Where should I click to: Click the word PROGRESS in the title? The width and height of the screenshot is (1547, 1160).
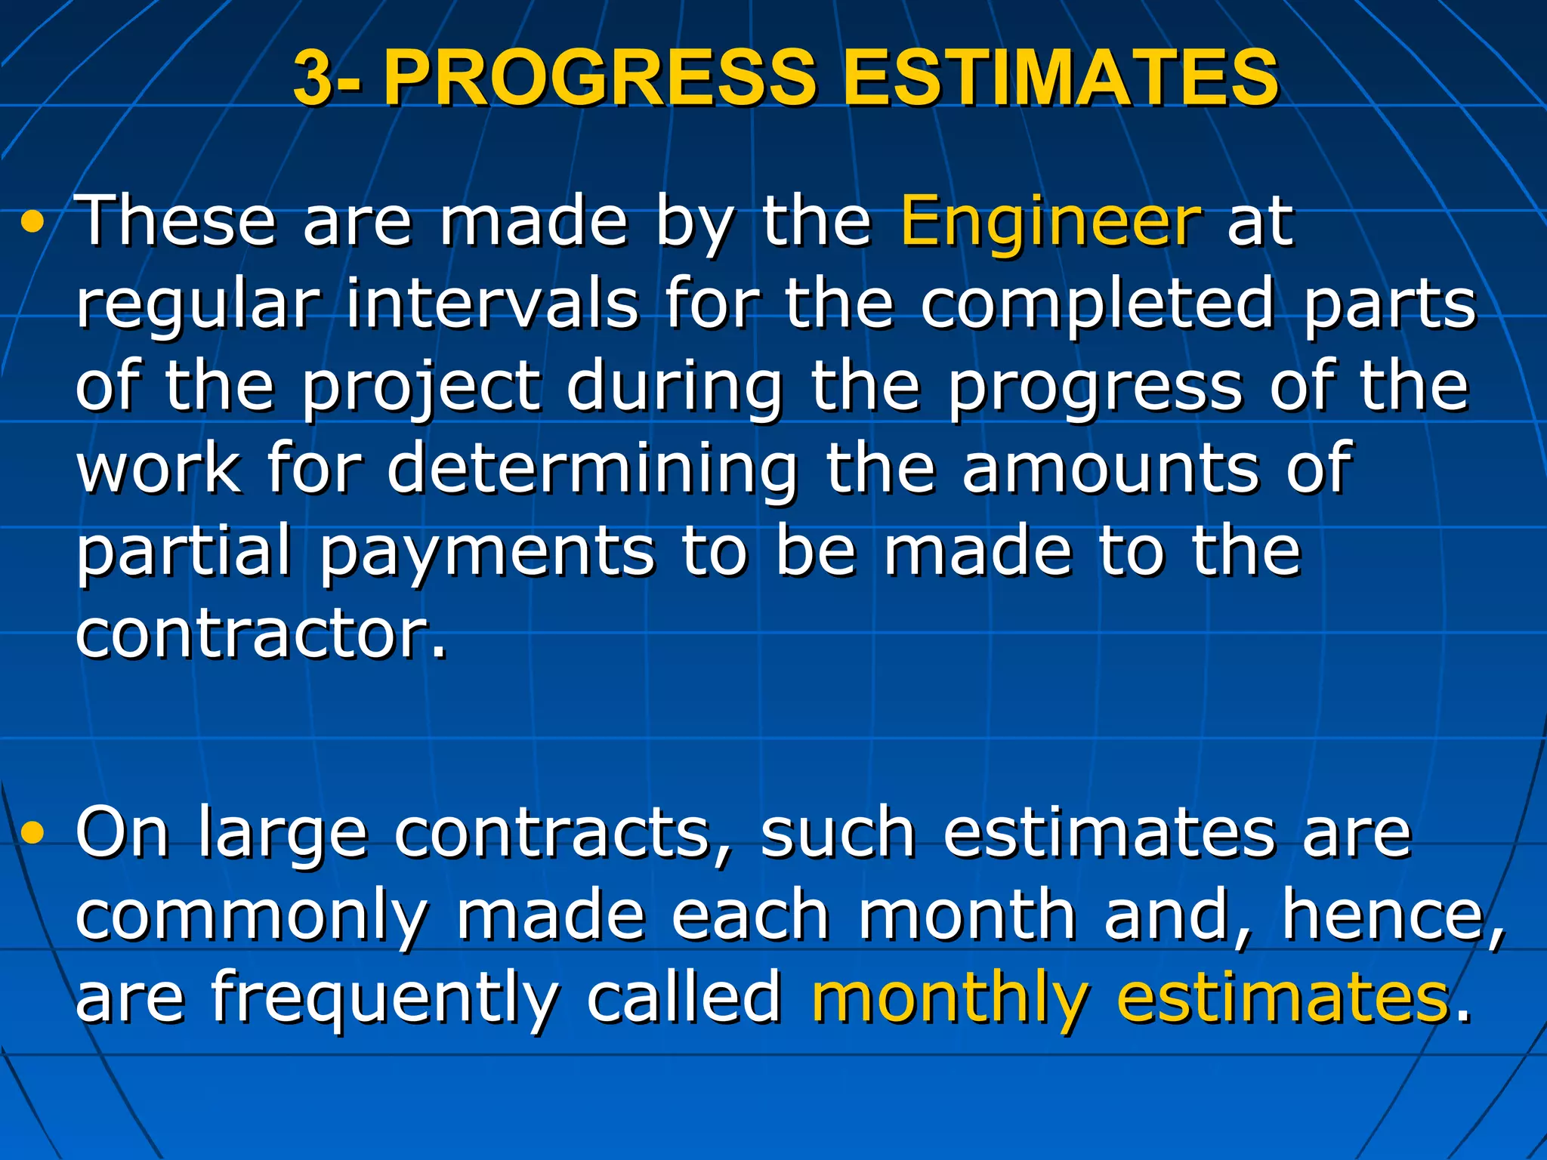[x=601, y=79]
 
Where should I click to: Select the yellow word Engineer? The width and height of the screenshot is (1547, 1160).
[x=1050, y=222]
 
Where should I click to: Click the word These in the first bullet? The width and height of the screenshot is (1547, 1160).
[x=177, y=221]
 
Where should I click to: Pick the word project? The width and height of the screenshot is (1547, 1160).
[x=421, y=388]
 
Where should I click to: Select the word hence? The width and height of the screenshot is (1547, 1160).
[x=1385, y=915]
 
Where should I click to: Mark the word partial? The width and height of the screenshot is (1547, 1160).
[x=184, y=552]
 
